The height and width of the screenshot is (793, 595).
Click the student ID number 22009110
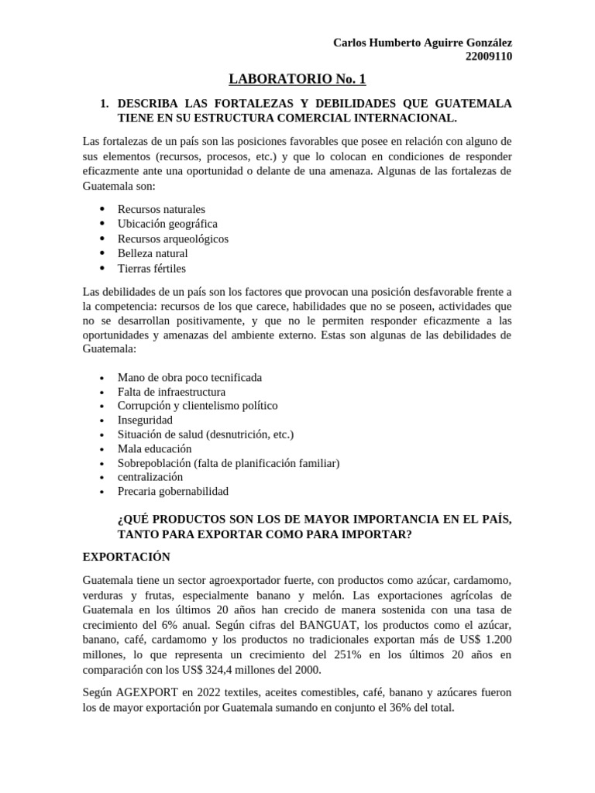coord(488,56)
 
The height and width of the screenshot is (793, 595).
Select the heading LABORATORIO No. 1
coord(297,79)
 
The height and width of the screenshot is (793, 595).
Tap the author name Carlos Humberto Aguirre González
coord(422,42)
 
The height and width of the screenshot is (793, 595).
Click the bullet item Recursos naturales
coord(161,209)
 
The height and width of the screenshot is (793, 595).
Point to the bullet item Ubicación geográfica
coord(167,224)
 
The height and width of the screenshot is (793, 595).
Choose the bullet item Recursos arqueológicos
coord(173,239)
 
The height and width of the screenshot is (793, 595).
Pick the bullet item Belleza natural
coord(153,253)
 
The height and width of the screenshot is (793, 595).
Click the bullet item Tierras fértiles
coord(152,268)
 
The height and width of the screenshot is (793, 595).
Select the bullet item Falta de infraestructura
coord(171,392)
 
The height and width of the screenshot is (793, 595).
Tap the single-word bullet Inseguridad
coord(145,420)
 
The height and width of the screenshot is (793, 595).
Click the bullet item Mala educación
coord(154,448)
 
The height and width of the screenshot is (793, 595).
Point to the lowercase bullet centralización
coord(150,477)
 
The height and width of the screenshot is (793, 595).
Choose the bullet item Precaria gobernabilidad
coord(173,491)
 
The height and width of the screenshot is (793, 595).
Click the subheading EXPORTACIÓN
coord(126,557)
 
